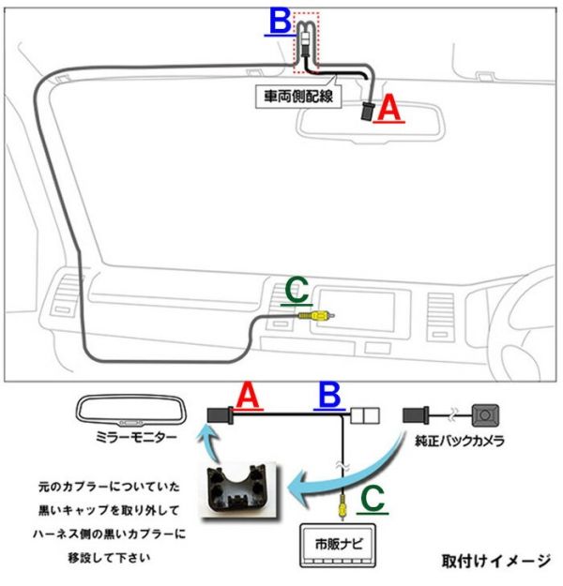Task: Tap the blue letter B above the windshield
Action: [x=279, y=21]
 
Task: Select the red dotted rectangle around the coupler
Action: [x=306, y=42]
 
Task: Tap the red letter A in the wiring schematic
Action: [x=247, y=398]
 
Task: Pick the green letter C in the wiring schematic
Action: [x=373, y=498]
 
